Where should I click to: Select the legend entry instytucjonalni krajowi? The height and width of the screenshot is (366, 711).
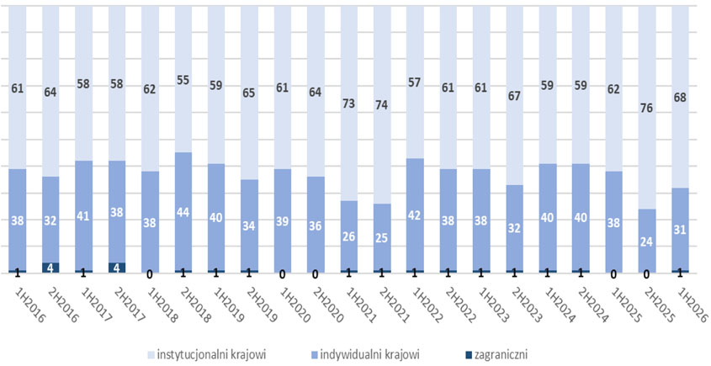(207, 354)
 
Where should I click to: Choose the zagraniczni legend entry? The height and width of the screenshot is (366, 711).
(496, 354)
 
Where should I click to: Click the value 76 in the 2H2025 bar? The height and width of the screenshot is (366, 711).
(646, 109)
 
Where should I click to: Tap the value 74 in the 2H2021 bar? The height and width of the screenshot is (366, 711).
(381, 105)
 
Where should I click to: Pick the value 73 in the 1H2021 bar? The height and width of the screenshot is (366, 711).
(348, 103)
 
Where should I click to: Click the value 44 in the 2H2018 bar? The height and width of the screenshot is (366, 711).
(183, 212)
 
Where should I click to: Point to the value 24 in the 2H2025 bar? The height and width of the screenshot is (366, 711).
(646, 241)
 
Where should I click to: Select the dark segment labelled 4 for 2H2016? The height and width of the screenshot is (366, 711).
(50, 268)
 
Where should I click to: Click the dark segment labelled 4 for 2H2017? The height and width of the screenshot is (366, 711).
(117, 268)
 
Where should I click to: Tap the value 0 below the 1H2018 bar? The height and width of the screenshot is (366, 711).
(150, 274)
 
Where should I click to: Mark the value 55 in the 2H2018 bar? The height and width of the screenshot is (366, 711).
(183, 80)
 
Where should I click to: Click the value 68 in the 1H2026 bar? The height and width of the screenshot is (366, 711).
(680, 98)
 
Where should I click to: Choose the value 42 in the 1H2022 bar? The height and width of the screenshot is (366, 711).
(415, 215)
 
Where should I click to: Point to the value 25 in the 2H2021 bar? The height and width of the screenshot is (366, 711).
(381, 237)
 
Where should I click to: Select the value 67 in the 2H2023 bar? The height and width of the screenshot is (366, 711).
(514, 96)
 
